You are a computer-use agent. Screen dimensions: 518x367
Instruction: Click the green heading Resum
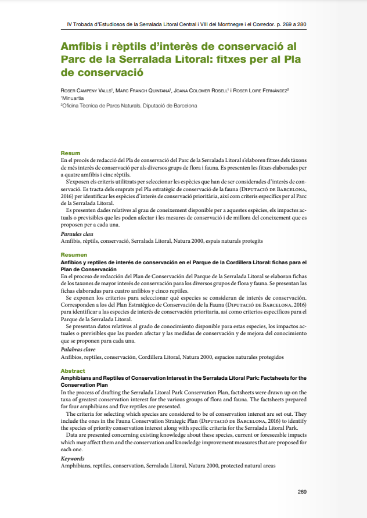[71, 153]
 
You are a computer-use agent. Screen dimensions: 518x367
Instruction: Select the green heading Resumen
[74, 255]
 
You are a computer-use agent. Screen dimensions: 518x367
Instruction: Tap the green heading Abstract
[73, 370]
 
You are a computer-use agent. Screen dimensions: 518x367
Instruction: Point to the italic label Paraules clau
[77, 233]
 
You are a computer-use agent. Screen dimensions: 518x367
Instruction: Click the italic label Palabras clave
[78, 350]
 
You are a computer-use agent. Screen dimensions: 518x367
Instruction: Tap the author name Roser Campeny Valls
[87, 91]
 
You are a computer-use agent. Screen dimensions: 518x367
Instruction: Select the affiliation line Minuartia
[73, 98]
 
